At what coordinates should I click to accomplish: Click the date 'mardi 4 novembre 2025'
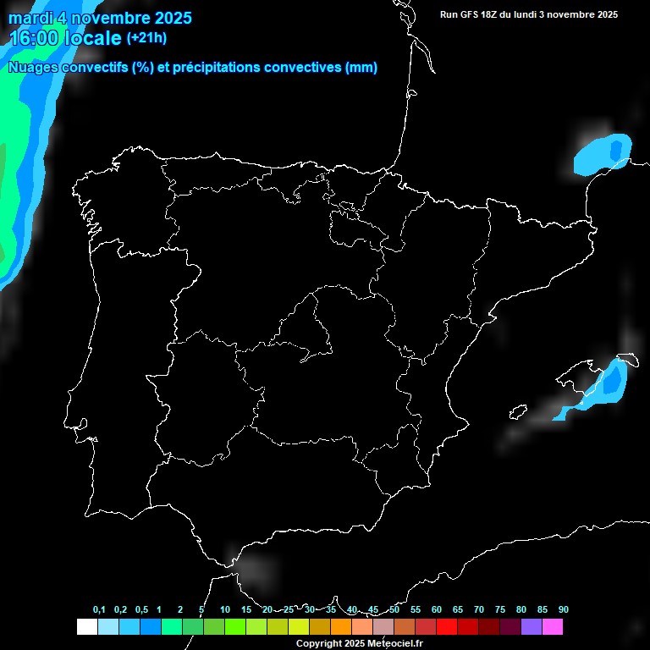100,18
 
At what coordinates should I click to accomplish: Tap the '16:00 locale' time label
65,38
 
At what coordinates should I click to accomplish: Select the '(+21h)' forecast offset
146,37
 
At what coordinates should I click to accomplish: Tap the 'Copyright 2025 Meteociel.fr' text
359,643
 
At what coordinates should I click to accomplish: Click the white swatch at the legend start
86,626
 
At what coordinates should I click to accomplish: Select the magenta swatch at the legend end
553,626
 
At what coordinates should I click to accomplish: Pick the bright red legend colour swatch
447,626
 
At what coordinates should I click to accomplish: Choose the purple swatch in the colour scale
532,626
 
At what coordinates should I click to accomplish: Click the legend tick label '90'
564,609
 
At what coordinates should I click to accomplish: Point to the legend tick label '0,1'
99,609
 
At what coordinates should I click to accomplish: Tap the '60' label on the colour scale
437,609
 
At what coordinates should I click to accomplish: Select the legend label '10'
225,609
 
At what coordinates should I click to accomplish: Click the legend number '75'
500,609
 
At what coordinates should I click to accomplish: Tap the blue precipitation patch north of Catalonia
603,154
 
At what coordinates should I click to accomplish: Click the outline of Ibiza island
517,412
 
